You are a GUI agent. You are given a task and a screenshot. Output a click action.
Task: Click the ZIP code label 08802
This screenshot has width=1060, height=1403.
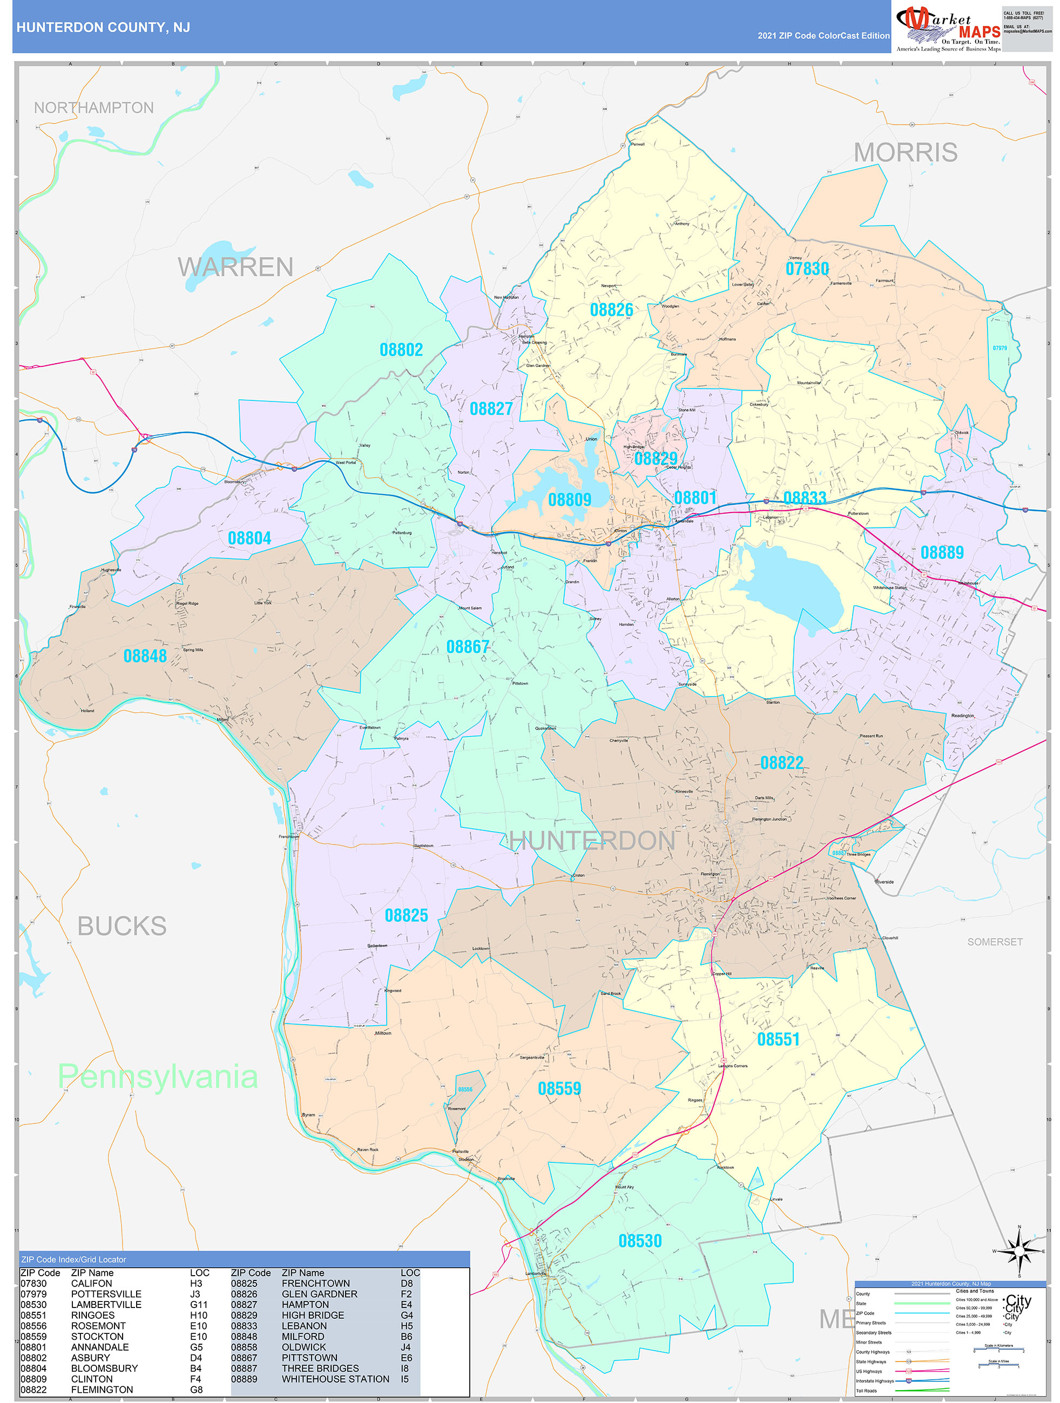(401, 350)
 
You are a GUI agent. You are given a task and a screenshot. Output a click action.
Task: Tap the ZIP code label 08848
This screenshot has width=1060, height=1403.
(145, 656)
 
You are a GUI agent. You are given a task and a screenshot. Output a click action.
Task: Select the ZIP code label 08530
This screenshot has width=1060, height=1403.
(640, 1241)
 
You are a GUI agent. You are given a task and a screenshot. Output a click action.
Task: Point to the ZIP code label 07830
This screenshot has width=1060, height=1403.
(807, 269)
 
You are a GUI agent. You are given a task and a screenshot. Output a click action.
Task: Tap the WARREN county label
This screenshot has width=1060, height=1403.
(235, 267)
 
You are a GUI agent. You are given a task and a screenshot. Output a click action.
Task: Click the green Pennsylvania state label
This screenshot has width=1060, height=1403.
(158, 1077)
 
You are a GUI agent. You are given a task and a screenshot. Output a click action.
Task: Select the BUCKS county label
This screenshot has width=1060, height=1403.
(122, 926)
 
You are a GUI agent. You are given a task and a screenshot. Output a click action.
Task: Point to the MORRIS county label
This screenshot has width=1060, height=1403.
(905, 152)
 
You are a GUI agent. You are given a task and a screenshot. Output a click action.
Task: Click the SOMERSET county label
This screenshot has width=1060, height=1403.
(995, 942)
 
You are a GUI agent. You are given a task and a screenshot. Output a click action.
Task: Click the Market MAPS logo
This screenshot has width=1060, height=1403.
(948, 29)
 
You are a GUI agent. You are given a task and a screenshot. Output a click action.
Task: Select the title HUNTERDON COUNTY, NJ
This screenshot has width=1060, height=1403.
(103, 28)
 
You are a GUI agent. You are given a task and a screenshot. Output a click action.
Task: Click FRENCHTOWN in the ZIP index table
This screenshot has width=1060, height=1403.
(315, 1283)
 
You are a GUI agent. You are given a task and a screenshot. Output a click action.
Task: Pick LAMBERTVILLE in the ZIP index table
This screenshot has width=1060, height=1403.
(106, 1305)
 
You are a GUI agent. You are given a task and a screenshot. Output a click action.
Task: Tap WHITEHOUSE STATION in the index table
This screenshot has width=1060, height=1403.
(335, 1379)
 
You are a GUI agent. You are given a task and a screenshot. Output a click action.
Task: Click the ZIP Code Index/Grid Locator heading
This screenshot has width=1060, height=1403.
(73, 1259)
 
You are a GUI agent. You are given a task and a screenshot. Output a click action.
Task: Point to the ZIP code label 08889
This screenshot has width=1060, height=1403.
(942, 553)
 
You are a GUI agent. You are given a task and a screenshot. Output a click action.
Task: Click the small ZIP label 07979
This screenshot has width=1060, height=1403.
(1000, 348)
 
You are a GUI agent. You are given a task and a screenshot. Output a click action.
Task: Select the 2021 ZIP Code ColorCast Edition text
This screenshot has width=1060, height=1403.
(823, 36)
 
